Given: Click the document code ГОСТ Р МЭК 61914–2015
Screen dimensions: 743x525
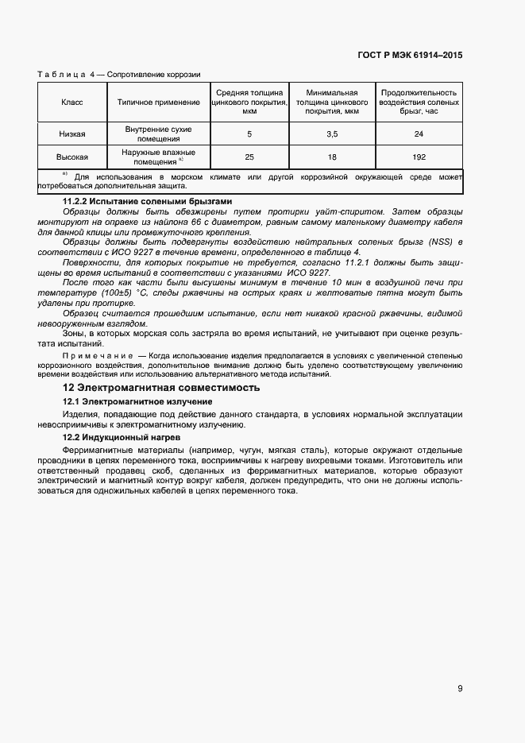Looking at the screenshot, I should pos(411,56).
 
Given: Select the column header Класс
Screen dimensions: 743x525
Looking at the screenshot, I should pos(72,103).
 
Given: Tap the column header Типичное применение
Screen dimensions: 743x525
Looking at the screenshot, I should pos(159,103).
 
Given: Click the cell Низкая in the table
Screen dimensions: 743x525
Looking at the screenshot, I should pos(72,134).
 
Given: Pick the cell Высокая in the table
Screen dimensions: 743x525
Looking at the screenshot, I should pos(72,157).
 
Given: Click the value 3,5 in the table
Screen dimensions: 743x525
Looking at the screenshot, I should pos(332,134).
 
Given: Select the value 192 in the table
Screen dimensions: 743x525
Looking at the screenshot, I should pos(419,157).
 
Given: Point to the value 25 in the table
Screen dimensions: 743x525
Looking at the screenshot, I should pos(249,157).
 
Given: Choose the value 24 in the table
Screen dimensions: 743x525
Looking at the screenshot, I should pos(419,134).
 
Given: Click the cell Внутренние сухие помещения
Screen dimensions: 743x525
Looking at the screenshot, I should pos(159,134).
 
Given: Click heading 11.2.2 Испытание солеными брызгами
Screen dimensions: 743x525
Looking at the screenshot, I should pos(147,202).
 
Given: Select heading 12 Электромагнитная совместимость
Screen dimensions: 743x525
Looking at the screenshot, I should pos(161,388).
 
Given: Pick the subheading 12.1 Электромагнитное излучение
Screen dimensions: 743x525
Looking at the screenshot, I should pos(137,402).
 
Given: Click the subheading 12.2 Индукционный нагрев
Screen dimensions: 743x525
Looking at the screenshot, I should pos(122,438).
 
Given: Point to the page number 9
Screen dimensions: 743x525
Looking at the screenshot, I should pos(460,688).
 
